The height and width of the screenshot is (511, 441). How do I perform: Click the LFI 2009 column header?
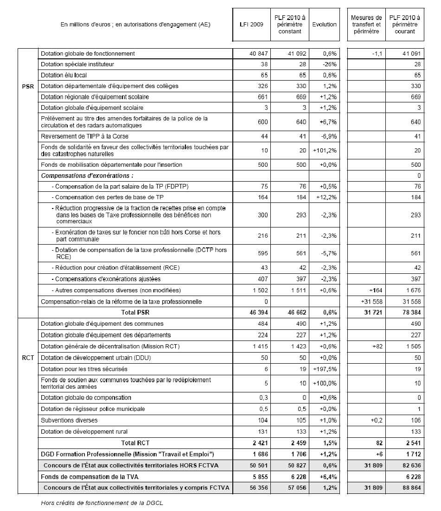click(x=252, y=25)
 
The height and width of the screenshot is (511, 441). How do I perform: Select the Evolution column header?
click(x=324, y=25)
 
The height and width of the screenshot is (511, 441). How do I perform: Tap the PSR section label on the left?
click(x=28, y=86)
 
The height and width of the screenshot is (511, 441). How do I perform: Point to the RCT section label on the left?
click(x=28, y=358)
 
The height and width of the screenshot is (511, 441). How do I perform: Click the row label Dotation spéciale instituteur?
click(x=77, y=64)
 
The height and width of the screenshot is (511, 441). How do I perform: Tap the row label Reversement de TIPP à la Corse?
click(x=84, y=137)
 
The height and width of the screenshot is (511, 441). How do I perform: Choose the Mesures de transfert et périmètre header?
click(x=366, y=25)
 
